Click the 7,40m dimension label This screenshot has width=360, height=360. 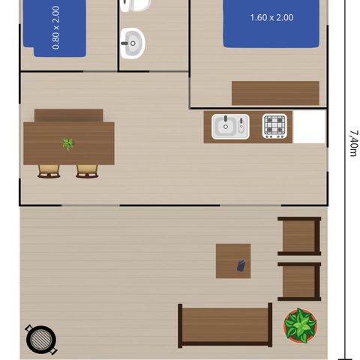(352, 143)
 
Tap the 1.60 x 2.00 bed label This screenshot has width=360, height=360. (271, 18)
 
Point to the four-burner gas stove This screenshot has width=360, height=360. (274, 126)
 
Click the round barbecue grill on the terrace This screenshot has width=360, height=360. (40, 339)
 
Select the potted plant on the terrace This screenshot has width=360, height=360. (300, 325)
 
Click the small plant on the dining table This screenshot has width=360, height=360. (67, 143)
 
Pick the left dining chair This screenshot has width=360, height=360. (49, 171)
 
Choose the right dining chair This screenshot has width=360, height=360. (87, 171)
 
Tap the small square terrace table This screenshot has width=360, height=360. (233, 261)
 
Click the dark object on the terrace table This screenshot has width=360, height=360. (241, 265)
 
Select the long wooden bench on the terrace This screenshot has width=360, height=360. (225, 324)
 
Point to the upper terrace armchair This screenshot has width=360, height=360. (300, 236)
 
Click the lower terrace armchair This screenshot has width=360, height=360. (300, 281)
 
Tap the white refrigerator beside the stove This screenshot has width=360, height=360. (309, 127)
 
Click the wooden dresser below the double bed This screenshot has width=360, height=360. (275, 93)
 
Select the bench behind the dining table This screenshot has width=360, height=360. (68, 115)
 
